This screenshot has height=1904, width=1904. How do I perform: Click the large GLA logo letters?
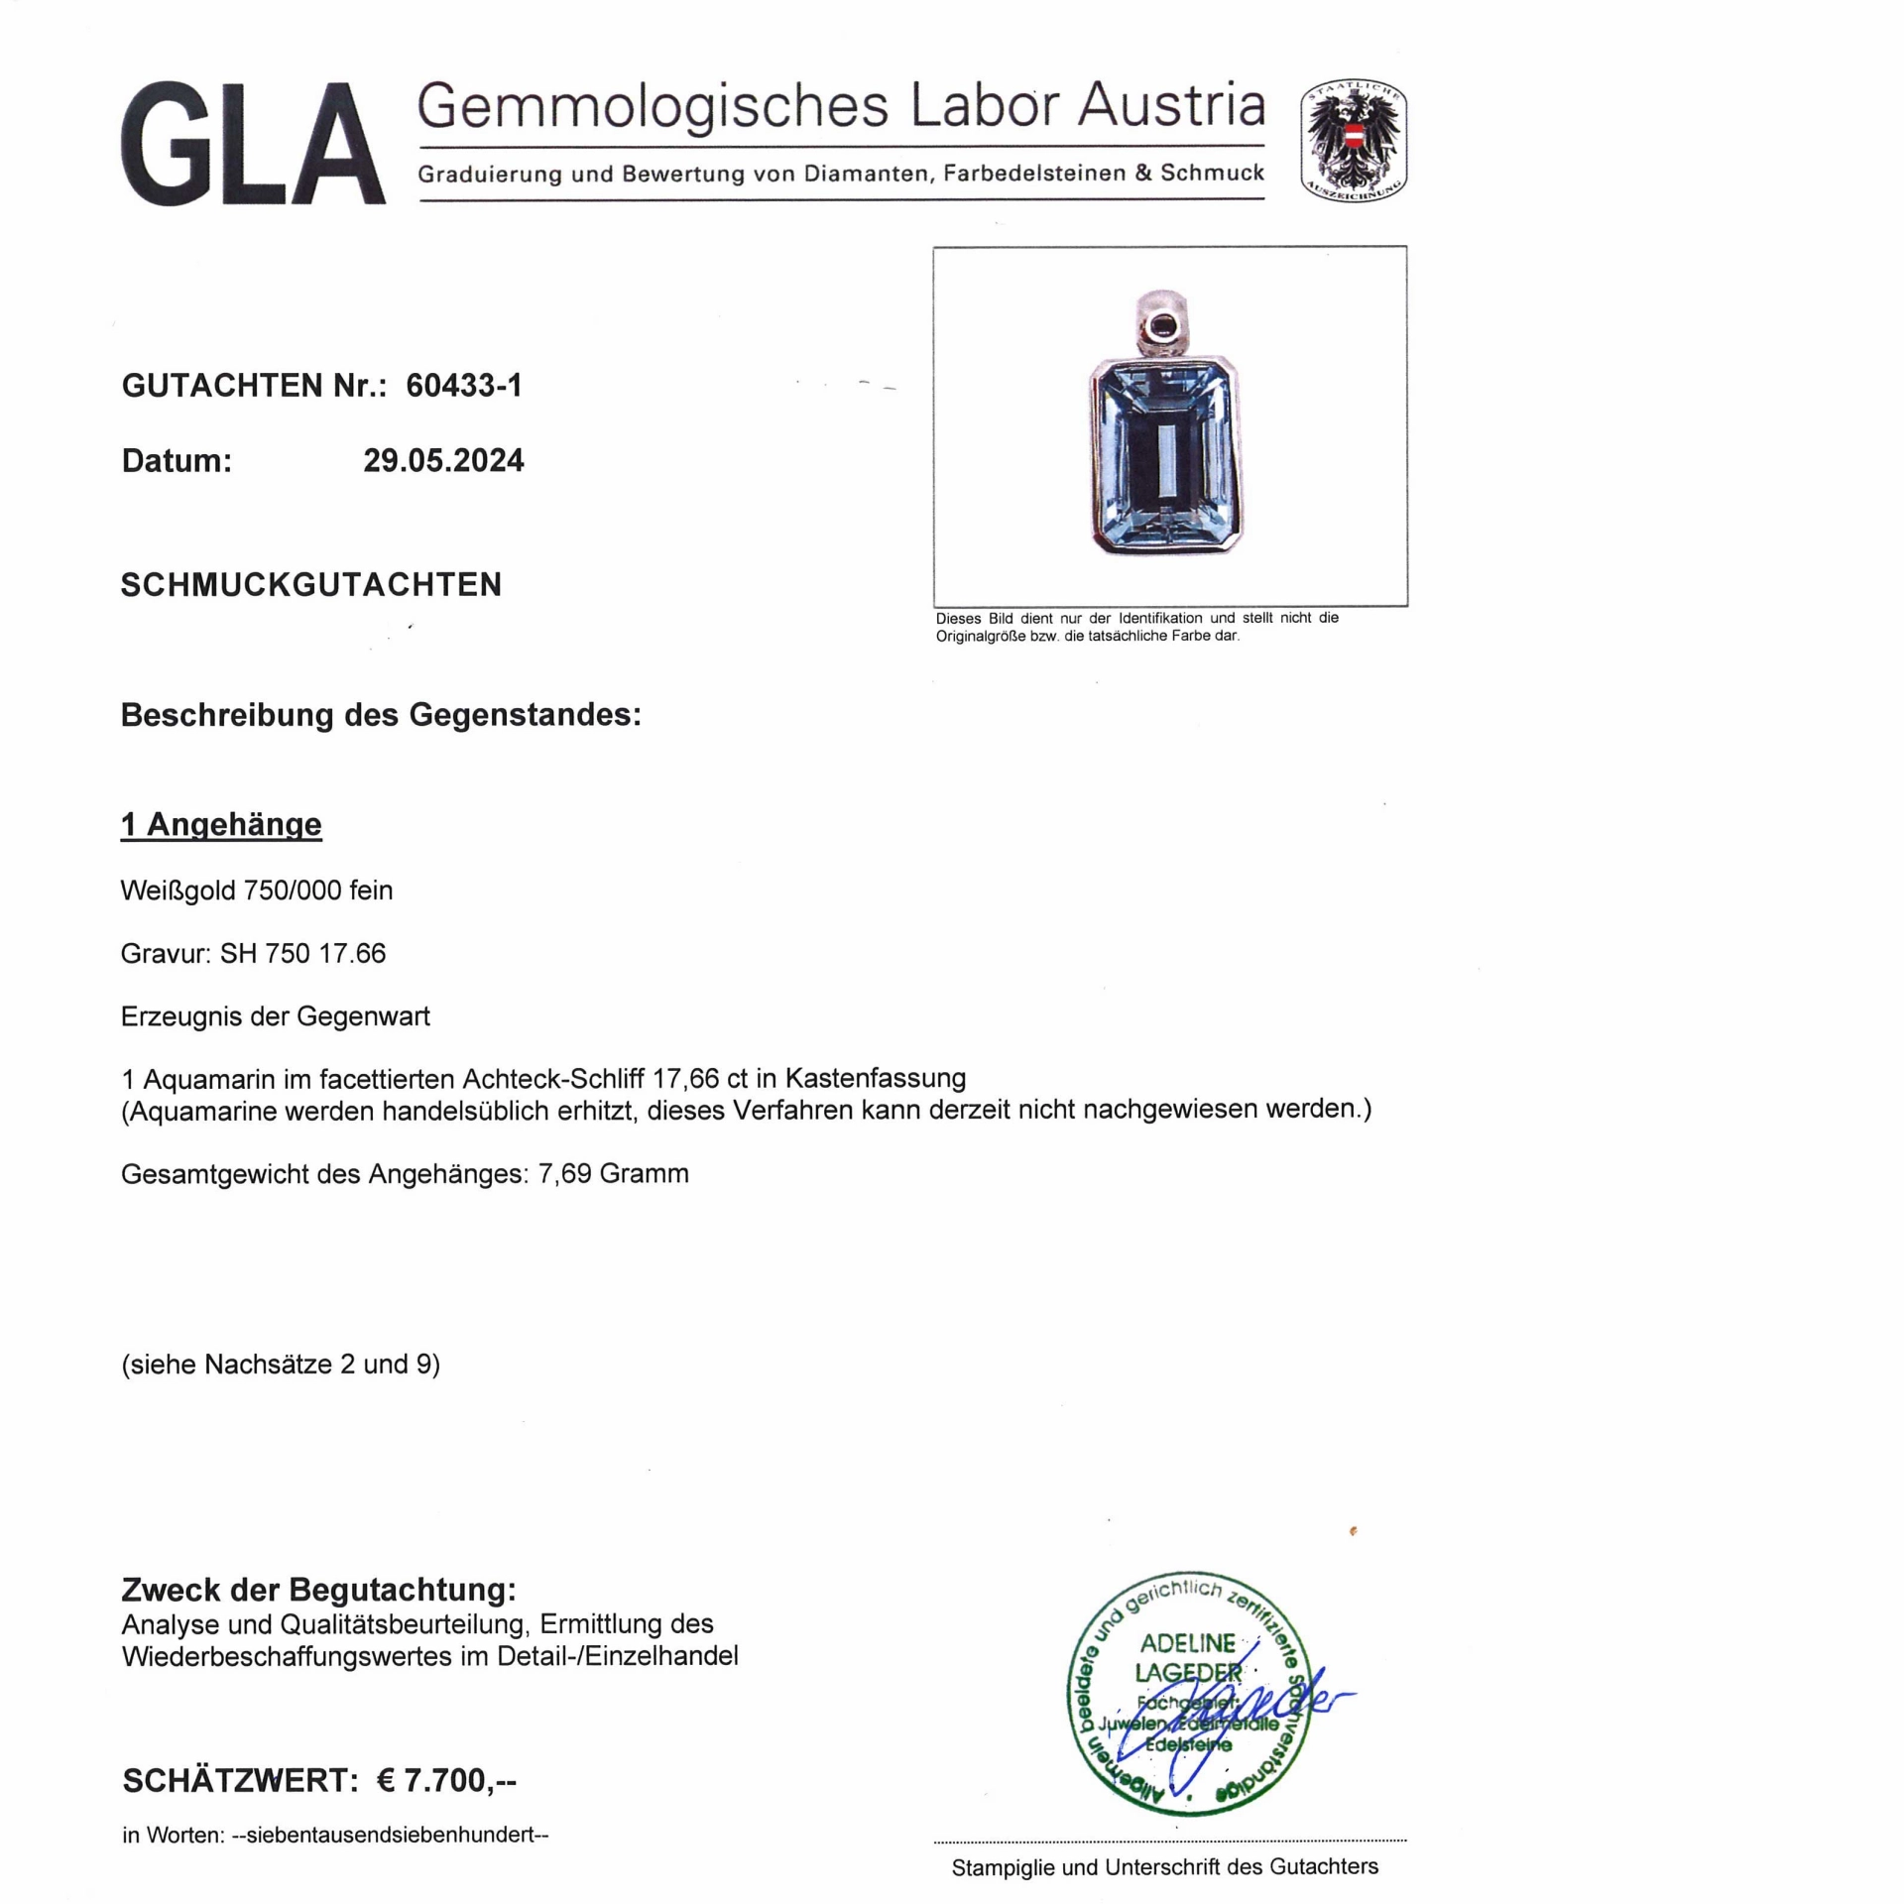point(253,145)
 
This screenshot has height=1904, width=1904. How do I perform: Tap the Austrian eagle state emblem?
point(1354,142)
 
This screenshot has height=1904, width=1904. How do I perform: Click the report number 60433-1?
point(463,385)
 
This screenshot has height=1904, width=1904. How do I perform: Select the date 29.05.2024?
point(443,460)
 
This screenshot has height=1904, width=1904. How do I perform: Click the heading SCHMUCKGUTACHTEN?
point(311,585)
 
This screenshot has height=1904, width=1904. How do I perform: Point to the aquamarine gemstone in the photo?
point(1166,455)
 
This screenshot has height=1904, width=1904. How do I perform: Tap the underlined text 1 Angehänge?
point(221,824)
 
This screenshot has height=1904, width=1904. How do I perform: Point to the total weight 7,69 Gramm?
point(613,1173)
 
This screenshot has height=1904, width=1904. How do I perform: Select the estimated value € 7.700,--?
point(446,1780)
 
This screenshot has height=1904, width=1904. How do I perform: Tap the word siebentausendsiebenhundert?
point(391,1835)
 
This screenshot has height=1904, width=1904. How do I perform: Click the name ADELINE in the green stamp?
point(1187,1643)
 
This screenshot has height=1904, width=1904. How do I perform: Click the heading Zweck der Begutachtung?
point(318,1590)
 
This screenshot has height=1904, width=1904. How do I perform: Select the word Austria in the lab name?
point(1171,106)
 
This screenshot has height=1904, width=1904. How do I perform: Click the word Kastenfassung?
point(875,1078)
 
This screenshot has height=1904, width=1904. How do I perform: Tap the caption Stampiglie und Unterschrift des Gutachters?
point(1164,1867)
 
